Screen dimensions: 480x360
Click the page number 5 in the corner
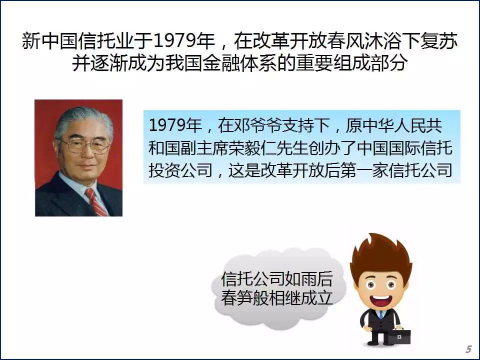(x=468, y=349)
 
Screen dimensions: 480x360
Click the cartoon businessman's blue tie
(x=381, y=315)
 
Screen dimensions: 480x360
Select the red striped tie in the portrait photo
(x=96, y=202)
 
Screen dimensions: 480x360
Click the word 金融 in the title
(x=221, y=63)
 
